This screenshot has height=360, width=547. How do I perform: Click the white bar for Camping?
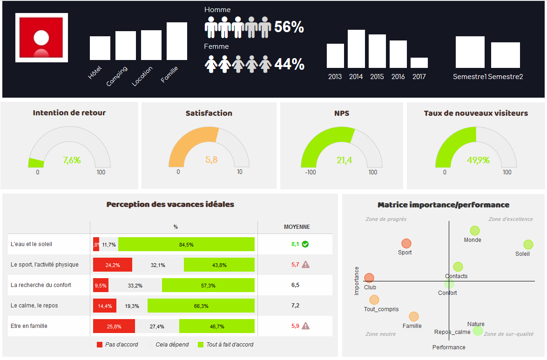126,46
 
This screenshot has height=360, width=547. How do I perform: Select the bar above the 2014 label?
356,49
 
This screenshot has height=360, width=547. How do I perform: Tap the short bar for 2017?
419,63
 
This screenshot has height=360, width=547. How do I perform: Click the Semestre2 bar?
505,55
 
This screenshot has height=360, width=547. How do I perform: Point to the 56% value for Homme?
289,27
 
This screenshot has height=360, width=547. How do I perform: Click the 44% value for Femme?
289,64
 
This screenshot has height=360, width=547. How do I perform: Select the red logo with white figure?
41,38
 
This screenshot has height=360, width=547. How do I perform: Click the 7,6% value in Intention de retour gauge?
72,160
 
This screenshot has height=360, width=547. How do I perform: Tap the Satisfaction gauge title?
209,113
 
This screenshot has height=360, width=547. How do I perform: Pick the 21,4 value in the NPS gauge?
344,160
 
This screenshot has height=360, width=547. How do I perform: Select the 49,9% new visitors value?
478,160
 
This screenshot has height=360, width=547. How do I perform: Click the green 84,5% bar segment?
186,244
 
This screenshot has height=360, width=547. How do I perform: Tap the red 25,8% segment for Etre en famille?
114,326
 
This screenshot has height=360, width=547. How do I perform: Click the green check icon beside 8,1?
305,244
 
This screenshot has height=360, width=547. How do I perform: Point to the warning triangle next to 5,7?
305,264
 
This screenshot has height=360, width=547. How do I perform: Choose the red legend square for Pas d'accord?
99,345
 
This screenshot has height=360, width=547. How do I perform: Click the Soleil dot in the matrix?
528,244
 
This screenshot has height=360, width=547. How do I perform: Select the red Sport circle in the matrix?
406,243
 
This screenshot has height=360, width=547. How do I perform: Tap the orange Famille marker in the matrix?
413,317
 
